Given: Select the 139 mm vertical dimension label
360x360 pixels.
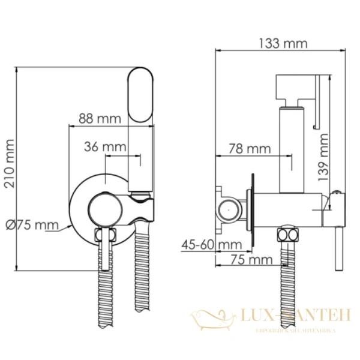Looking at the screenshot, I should coord(324,157).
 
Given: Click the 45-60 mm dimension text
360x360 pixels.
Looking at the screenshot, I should coord(211,244).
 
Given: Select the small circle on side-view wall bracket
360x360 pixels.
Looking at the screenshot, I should coord(227,209).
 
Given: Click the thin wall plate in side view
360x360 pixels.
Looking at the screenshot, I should coord(254,209).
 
